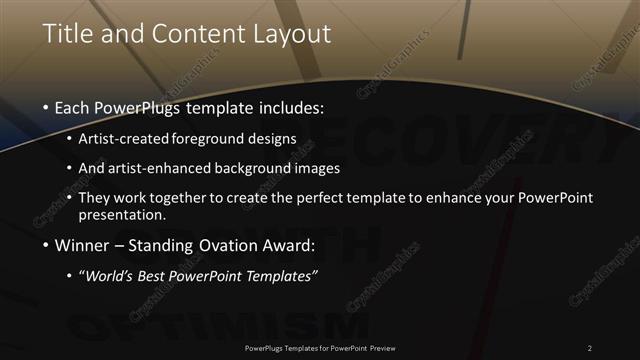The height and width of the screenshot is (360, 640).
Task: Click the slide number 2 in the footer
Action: [589, 347]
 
